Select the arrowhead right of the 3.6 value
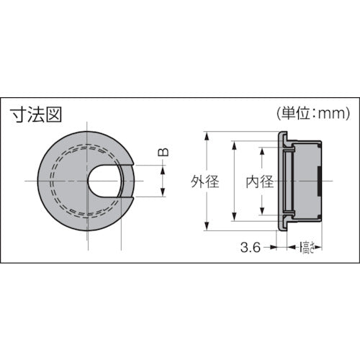click(274, 247)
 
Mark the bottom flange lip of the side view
click(283, 226)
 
